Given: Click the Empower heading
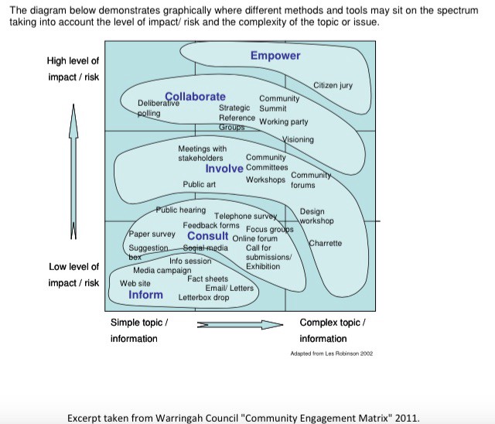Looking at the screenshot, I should (x=275, y=56).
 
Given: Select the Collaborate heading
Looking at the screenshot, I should (x=195, y=97).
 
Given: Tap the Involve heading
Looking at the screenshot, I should (x=224, y=169).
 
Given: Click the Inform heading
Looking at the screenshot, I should (x=146, y=295).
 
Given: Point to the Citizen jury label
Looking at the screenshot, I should (x=333, y=85).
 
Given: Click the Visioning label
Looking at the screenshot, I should (x=298, y=139).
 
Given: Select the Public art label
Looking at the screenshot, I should (x=199, y=184).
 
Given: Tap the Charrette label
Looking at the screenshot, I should (x=325, y=244).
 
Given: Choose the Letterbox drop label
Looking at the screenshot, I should (x=203, y=297).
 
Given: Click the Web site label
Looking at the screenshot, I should (x=135, y=283).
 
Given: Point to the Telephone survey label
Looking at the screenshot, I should (x=245, y=216).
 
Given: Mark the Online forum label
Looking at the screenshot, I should (x=254, y=238).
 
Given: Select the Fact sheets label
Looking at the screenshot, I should (x=207, y=279).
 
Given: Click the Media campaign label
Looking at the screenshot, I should (x=162, y=271).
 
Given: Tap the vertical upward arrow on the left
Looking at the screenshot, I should (x=74, y=170).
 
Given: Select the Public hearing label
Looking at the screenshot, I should (x=181, y=210).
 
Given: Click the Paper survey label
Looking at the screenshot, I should (x=152, y=234).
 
